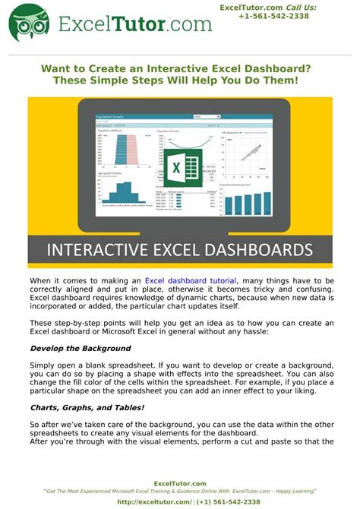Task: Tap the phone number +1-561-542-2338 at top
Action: pyautogui.click(x=273, y=16)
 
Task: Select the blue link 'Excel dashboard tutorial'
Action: pyautogui.click(x=191, y=281)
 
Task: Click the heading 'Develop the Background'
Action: pyautogui.click(x=81, y=349)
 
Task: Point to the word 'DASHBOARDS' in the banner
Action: pyautogui.click(x=251, y=250)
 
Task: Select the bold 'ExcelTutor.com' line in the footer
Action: pyautogui.click(x=180, y=484)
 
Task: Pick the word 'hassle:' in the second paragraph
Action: pyautogui.click(x=311, y=332)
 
